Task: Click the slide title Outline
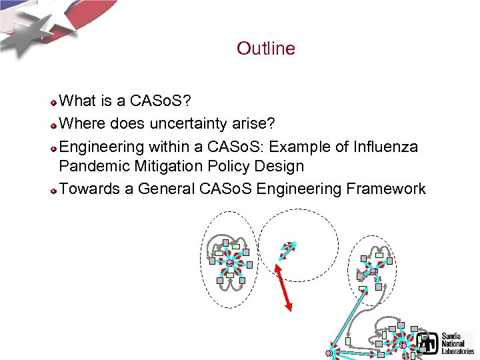(265, 49)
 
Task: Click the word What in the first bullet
(79, 101)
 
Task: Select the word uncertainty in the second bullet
(190, 123)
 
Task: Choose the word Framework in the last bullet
(385, 189)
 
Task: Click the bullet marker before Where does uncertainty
(53, 125)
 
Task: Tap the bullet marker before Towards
(53, 190)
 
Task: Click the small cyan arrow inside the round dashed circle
(287, 250)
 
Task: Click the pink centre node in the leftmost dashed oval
(230, 262)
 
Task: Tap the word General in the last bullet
(166, 189)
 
